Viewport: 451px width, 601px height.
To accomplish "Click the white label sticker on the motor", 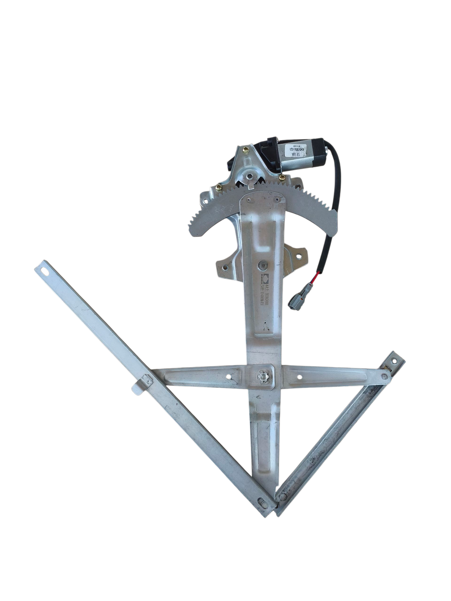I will pos(294,150).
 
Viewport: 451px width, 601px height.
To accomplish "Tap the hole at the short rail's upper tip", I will pos(394,361).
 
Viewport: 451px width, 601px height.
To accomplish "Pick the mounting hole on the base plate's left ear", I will pos(225,267).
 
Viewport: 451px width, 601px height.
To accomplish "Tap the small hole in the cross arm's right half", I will pos(299,377).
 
